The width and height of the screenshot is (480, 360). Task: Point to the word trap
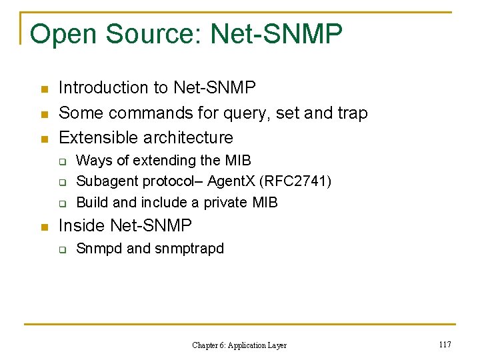(351, 113)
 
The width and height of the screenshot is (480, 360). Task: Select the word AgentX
(229, 181)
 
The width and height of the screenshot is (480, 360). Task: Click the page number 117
(445, 344)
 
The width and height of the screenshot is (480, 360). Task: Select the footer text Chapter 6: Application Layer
(239, 345)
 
